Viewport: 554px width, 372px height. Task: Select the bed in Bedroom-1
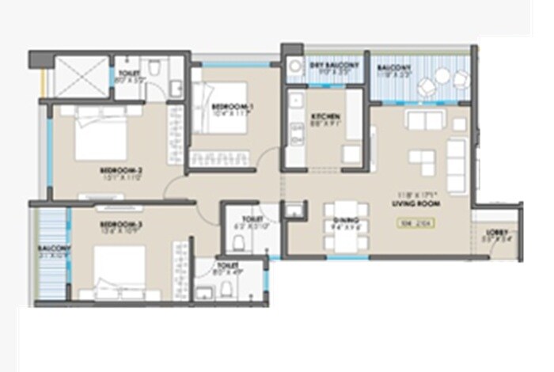tap(220, 111)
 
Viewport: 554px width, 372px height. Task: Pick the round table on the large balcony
tap(442, 77)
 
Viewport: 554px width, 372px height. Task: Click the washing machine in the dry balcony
tap(294, 67)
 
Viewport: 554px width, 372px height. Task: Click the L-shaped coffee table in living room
tap(421, 161)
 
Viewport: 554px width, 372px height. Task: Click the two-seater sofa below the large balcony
tap(425, 120)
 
